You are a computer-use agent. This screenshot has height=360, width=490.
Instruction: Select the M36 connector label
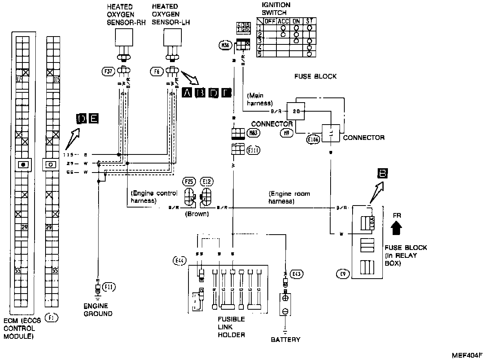[225, 46]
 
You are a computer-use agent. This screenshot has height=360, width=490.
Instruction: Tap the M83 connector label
[253, 133]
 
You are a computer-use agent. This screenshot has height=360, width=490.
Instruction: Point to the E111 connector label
[253, 150]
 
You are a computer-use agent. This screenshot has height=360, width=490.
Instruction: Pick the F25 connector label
[189, 182]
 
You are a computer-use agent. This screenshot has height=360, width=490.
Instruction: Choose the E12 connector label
[206, 182]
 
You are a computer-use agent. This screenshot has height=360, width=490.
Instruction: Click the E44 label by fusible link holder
[178, 260]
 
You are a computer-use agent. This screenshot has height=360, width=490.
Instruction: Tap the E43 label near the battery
[297, 274]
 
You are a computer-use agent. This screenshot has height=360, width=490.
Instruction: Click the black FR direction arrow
[397, 228]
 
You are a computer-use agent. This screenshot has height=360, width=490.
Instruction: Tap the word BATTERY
[285, 339]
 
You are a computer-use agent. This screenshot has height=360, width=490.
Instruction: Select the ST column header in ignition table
[310, 21]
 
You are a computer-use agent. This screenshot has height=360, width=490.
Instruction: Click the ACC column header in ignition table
[283, 21]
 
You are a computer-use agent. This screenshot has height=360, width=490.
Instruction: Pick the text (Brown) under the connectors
[197, 215]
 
